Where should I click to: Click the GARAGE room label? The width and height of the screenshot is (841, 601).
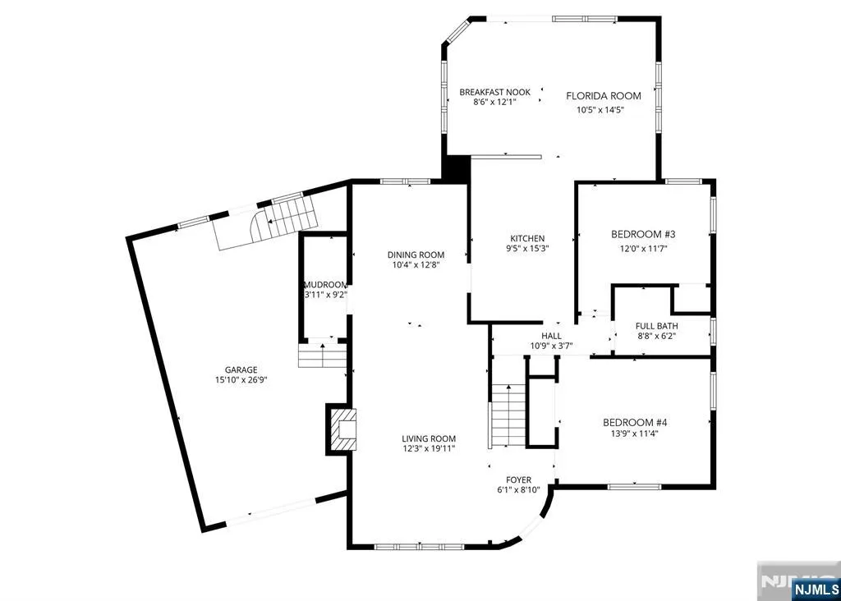coord(241,369)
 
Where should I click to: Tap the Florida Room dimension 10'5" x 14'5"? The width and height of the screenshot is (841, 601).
coord(600,111)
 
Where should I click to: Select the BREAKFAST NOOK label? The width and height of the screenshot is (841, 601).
coord(494,92)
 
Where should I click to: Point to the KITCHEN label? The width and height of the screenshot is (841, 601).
coord(527,238)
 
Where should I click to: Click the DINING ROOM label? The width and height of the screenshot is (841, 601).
coord(416,255)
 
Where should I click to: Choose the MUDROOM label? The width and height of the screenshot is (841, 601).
coord(325,285)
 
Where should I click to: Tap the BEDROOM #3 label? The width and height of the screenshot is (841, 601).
coord(643,234)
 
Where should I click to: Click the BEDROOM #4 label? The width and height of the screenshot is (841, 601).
coord(635,423)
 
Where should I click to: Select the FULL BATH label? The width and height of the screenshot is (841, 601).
coord(656,326)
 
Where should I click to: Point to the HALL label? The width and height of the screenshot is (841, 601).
coord(551,336)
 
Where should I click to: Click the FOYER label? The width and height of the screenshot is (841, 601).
coord(519,479)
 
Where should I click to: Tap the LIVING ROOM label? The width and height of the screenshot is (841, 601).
coord(429,438)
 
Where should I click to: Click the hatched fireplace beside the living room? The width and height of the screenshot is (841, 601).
coord(342,429)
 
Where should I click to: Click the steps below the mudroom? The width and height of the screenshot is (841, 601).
coord(322,356)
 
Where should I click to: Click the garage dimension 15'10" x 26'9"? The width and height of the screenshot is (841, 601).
coord(241,379)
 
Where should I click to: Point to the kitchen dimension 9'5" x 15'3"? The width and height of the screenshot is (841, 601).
coord(527,248)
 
